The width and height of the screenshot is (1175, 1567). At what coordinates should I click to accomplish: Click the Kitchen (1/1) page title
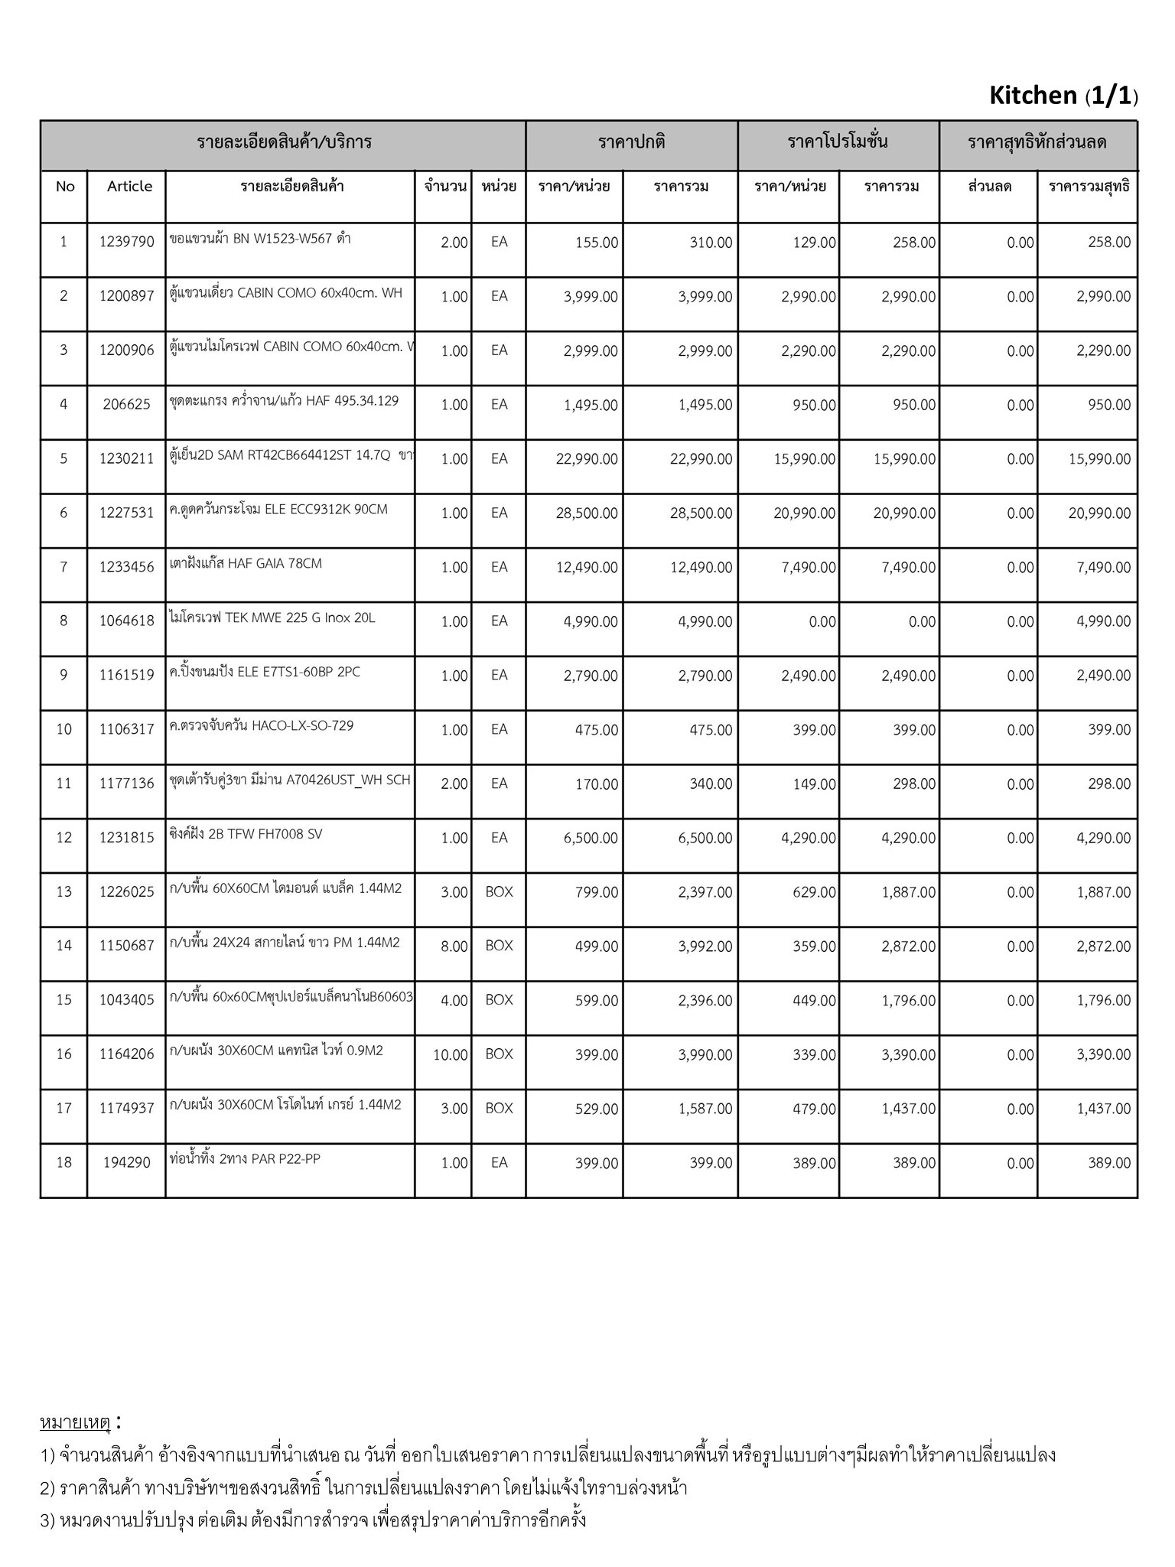[x=1063, y=96]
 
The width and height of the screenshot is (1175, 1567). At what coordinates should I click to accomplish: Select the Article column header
[x=129, y=187]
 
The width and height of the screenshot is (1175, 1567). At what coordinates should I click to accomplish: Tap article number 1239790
[x=126, y=243]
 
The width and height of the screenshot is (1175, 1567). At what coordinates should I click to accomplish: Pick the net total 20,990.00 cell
[x=1099, y=513]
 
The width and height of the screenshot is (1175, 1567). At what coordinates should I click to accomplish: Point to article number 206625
[x=126, y=405]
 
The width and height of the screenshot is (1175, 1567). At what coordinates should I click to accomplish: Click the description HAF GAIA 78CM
[x=246, y=564]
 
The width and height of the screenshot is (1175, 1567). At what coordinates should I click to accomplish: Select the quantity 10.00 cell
[x=450, y=1055]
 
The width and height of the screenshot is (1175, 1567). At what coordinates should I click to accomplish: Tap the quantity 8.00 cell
[x=454, y=946]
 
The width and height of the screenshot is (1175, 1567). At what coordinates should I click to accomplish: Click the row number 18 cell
[x=63, y=1163]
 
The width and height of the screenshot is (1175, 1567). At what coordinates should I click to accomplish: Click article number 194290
[x=126, y=1163]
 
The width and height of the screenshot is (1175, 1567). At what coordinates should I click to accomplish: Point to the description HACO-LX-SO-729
[x=262, y=726]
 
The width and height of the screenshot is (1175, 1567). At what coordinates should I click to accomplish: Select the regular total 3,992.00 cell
[x=705, y=946]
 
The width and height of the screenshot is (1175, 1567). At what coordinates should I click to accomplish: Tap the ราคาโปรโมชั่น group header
[x=838, y=142]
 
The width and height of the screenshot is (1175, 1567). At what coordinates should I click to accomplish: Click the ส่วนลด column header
[x=989, y=187]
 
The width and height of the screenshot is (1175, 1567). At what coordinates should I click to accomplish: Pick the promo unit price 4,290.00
[x=808, y=839]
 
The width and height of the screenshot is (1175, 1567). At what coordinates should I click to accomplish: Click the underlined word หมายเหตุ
[x=75, y=1422]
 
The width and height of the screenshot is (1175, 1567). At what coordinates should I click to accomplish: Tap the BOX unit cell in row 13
[x=499, y=892]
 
